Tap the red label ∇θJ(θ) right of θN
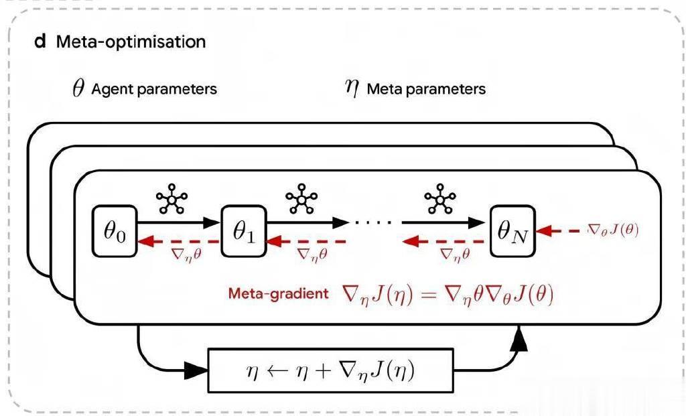[x=612, y=230]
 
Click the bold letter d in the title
[x=40, y=42]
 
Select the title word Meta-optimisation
[x=131, y=42]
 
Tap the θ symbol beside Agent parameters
[x=78, y=89]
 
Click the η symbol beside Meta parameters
[x=352, y=89]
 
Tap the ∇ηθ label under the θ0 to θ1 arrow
[x=181, y=255]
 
